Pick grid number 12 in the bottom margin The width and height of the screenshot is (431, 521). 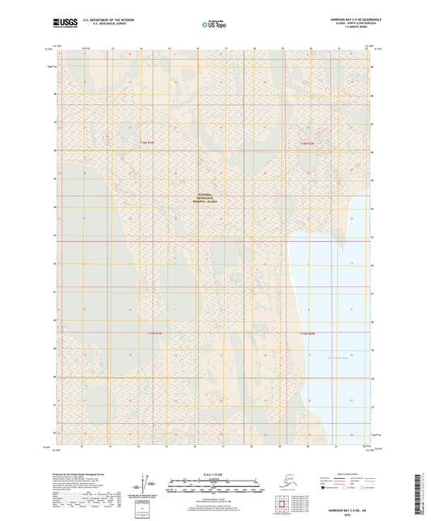coord(83,445)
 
